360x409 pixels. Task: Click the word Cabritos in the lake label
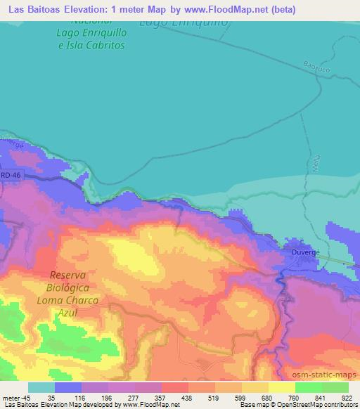(101, 44)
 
